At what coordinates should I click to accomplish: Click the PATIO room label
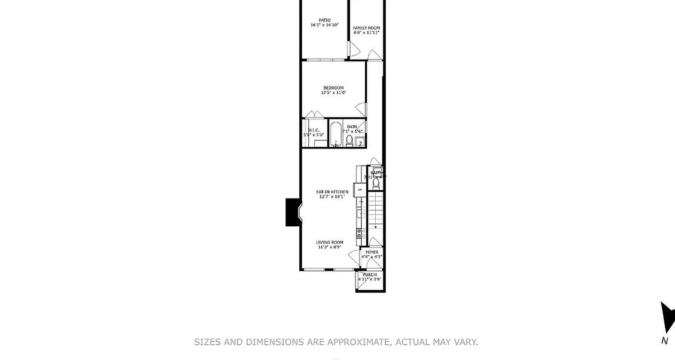click(324, 20)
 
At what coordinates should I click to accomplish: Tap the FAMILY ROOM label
click(366, 28)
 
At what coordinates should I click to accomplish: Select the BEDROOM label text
click(333, 88)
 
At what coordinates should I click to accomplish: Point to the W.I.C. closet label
click(314, 130)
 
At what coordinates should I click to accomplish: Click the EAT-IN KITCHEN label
click(332, 192)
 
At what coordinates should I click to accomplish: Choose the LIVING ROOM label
click(330, 242)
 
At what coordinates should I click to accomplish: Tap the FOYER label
click(372, 252)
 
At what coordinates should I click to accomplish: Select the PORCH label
click(369, 274)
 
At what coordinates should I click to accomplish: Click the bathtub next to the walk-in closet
click(336, 134)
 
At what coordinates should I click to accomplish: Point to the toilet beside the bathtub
click(349, 140)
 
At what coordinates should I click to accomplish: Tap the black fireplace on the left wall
click(292, 212)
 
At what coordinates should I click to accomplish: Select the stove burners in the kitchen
click(361, 233)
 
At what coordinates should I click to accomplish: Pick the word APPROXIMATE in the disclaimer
click(359, 342)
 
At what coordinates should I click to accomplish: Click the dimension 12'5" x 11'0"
click(333, 93)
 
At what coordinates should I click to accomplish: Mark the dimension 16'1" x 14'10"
click(324, 25)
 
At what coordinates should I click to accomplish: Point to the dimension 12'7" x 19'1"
click(332, 197)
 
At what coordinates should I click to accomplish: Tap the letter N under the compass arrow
click(665, 341)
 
